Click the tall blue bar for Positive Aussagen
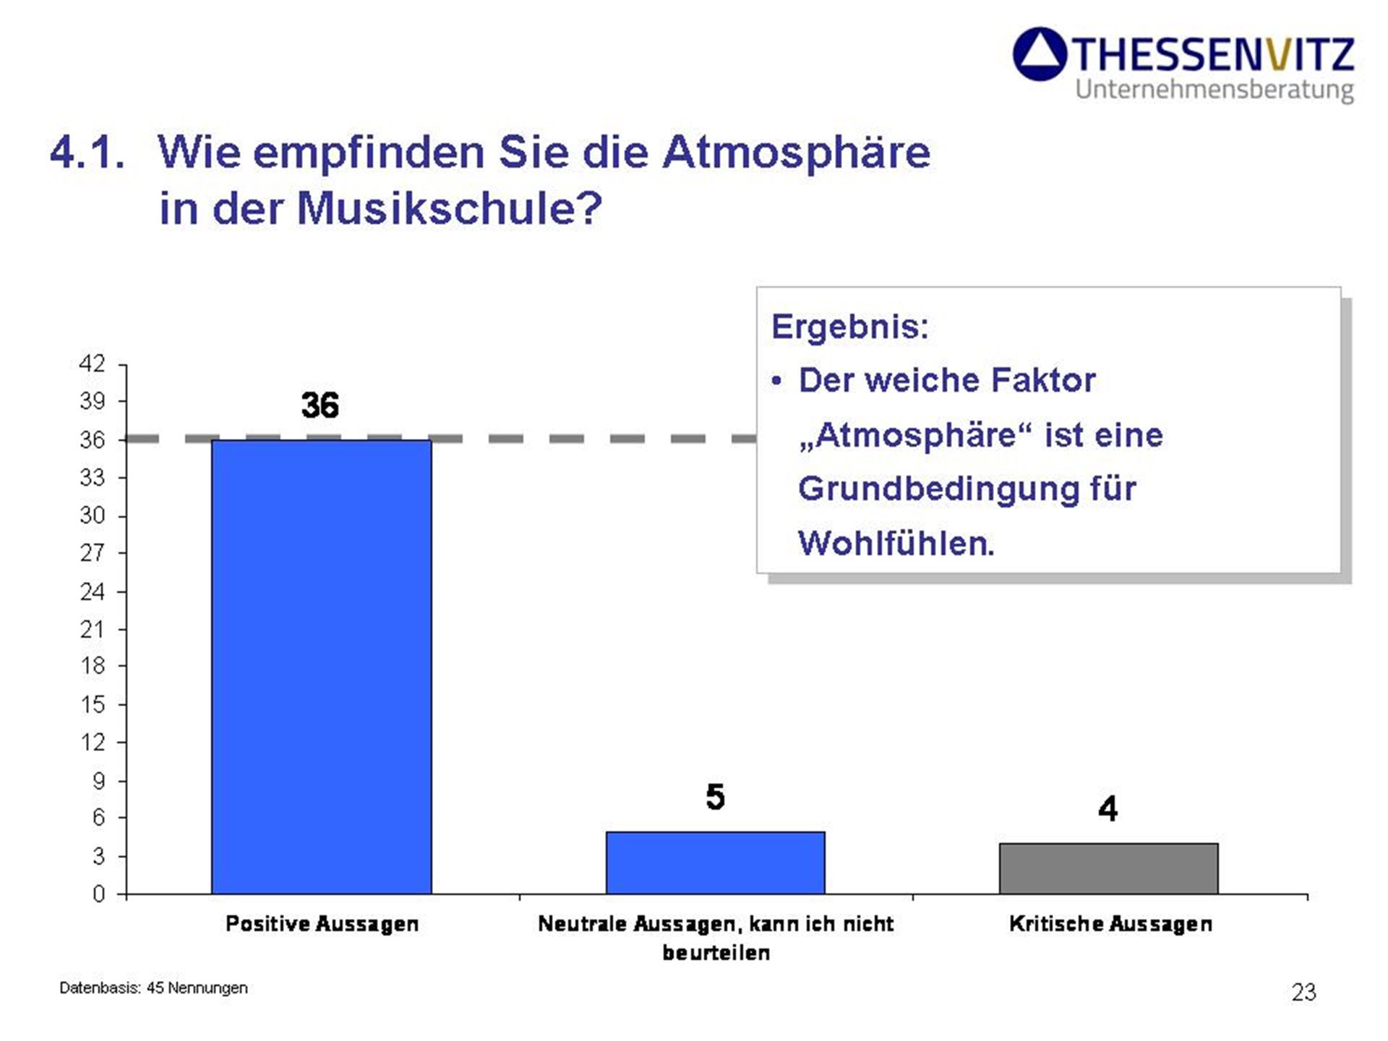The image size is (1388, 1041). click(x=322, y=667)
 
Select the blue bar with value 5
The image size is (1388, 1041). click(x=716, y=862)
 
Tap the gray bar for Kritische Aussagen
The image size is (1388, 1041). click(x=1109, y=868)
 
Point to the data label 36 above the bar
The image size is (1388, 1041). click(x=320, y=405)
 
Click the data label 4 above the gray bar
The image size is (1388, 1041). click(x=1108, y=808)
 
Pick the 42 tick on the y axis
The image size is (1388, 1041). click(x=92, y=363)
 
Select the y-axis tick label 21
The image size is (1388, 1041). click(x=92, y=630)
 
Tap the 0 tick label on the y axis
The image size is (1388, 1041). click(x=99, y=894)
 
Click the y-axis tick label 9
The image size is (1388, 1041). click(x=99, y=781)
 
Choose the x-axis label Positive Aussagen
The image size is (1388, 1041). click(x=322, y=924)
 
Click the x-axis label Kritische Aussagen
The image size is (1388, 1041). click(x=1110, y=924)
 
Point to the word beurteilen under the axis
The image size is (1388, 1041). click(x=716, y=953)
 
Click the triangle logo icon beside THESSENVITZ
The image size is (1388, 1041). click(x=1040, y=54)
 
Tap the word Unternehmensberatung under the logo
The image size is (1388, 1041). click(x=1214, y=90)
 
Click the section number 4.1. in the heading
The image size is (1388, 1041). click(x=87, y=153)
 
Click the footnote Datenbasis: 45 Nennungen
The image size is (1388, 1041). click(x=153, y=988)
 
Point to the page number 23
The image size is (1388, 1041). click(x=1304, y=993)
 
